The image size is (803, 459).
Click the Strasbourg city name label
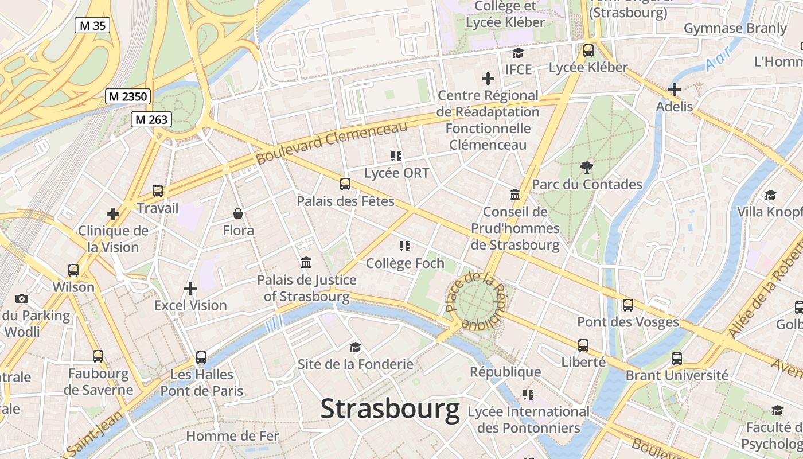(390, 409)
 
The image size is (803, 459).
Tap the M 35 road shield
(92, 25)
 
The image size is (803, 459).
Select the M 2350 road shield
(128, 96)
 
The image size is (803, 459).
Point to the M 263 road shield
(151, 119)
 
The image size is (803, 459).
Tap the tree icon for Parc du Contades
(586, 168)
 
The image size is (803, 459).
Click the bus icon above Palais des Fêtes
(345, 184)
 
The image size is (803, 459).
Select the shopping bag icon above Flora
(238, 214)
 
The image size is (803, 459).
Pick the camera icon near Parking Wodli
(22, 298)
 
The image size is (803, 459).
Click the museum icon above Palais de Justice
(306, 263)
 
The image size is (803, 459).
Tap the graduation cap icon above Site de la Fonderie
(355, 347)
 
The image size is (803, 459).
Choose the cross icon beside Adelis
(675, 90)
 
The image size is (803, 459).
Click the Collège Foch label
(405, 263)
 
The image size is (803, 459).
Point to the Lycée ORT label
(396, 173)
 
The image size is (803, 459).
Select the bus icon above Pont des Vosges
(628, 305)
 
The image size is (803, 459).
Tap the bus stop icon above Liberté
(583, 345)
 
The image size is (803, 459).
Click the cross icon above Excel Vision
(190, 289)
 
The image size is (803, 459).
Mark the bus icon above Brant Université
(677, 359)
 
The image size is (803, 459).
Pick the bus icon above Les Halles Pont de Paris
(201, 357)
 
